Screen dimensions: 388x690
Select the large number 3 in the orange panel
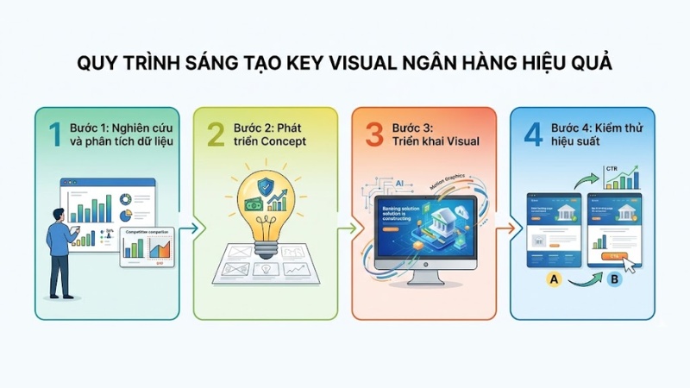pos(373,135)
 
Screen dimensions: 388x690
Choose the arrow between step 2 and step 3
pos(349,228)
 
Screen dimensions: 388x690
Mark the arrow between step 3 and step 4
pos(509,228)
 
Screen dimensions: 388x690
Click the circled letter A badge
pos(555,280)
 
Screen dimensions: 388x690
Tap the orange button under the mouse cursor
pos(614,257)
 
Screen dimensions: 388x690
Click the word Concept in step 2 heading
pos(279,142)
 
